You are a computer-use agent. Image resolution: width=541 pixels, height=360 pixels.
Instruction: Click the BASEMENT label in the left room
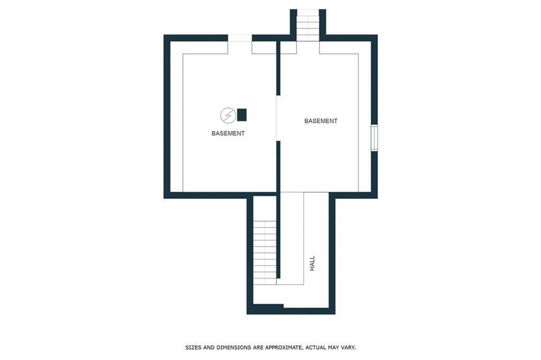point(228,134)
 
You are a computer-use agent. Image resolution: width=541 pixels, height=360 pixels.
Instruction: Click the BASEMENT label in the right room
point(321,121)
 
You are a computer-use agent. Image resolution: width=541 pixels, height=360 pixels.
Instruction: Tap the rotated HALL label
point(312,263)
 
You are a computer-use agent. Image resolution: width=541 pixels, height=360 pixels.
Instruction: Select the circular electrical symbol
point(228,115)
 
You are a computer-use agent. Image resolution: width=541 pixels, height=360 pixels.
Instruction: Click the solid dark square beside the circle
point(241,115)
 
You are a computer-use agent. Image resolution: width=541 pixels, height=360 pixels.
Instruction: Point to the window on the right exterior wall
point(374,138)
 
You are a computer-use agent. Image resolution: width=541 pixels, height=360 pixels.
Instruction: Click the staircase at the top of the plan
point(308,25)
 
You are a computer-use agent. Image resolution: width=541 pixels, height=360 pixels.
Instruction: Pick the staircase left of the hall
point(265,252)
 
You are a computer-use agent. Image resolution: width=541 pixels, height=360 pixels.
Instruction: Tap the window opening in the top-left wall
point(240,38)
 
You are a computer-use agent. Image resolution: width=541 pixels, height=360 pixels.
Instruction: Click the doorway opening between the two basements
point(278,118)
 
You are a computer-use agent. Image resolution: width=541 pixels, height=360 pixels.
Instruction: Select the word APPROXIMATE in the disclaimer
point(283,347)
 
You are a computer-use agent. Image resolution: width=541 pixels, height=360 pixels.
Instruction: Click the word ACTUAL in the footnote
point(315,347)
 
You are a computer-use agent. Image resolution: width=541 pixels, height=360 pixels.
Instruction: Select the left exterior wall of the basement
point(167,117)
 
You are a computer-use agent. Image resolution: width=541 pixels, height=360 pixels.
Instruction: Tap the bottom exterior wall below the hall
point(291,311)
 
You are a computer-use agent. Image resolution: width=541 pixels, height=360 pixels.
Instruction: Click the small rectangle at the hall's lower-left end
point(268,306)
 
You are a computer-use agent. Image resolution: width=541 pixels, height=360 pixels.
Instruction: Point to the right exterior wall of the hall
point(332,253)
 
